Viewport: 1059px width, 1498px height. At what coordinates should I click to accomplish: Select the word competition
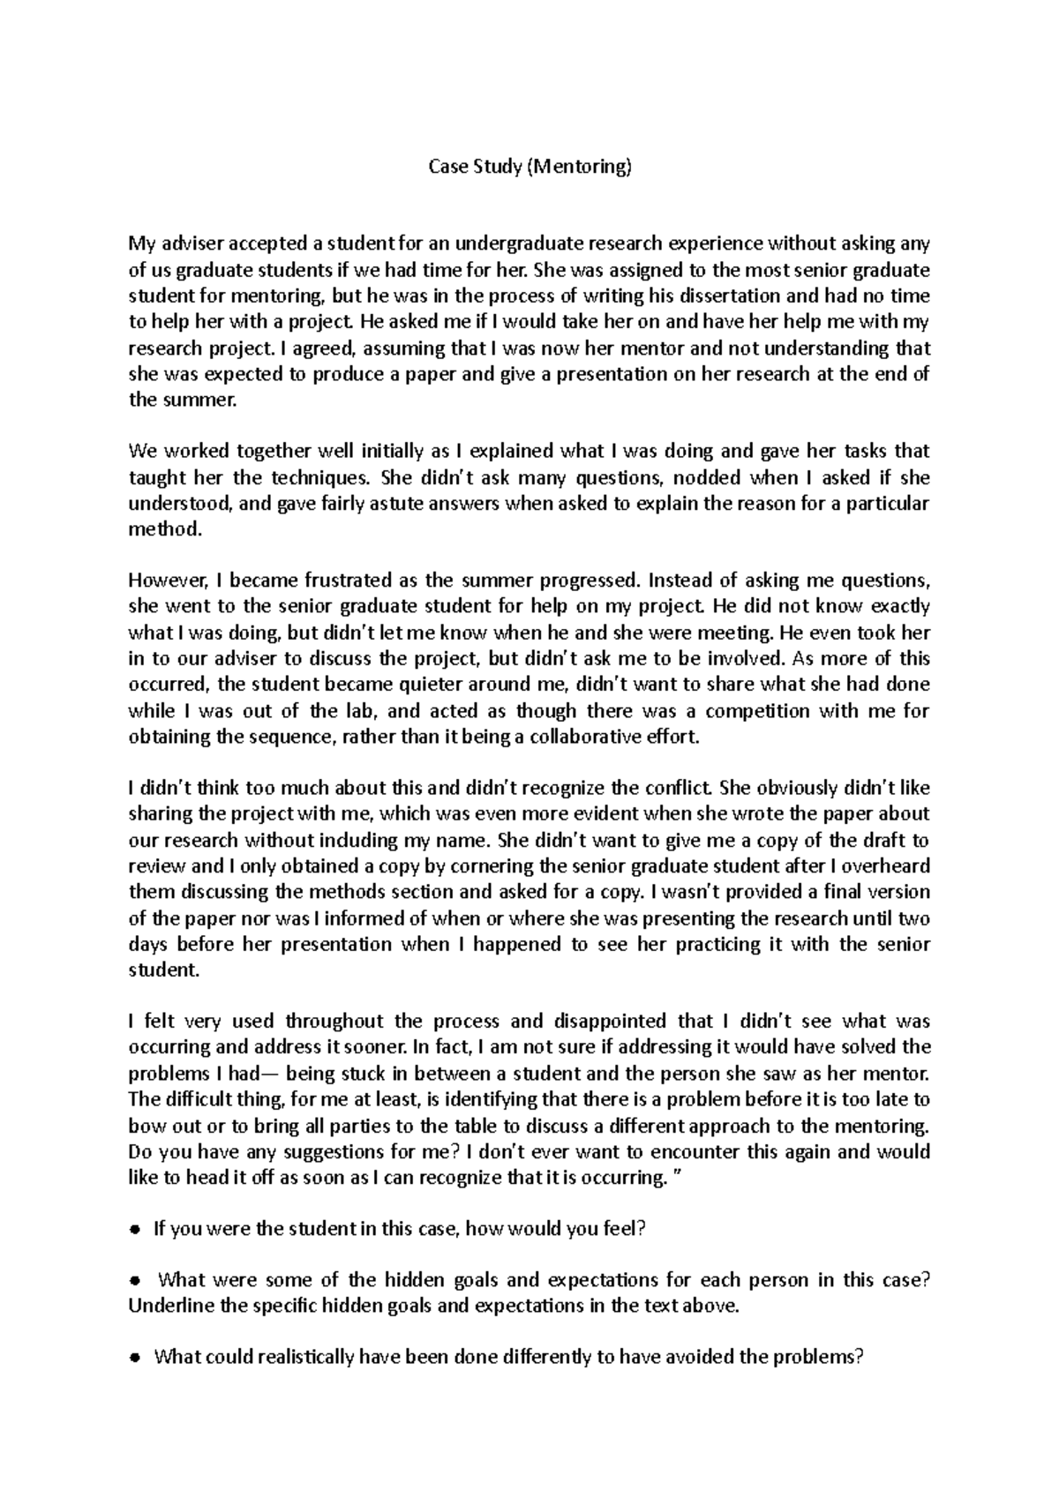click(767, 711)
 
